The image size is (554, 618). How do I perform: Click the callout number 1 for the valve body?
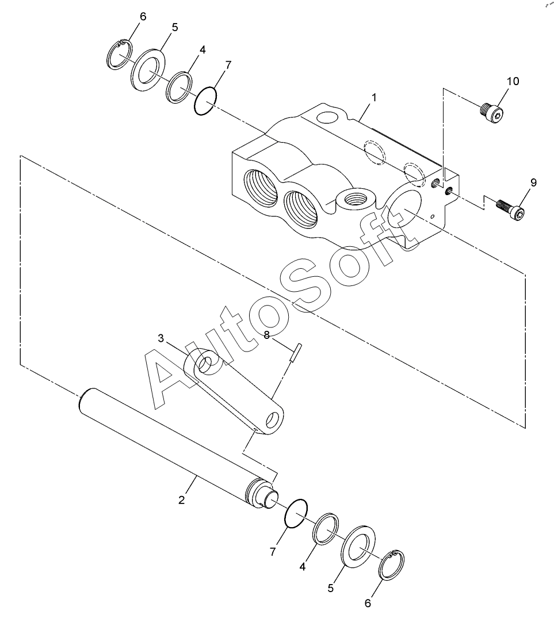(374, 97)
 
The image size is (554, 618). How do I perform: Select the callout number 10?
(513, 81)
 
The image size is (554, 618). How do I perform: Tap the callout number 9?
(533, 182)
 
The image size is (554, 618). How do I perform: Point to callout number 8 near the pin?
(267, 335)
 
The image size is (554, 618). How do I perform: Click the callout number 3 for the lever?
(161, 338)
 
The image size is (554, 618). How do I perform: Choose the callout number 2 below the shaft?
(181, 500)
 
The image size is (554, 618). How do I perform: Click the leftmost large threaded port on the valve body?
(261, 188)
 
